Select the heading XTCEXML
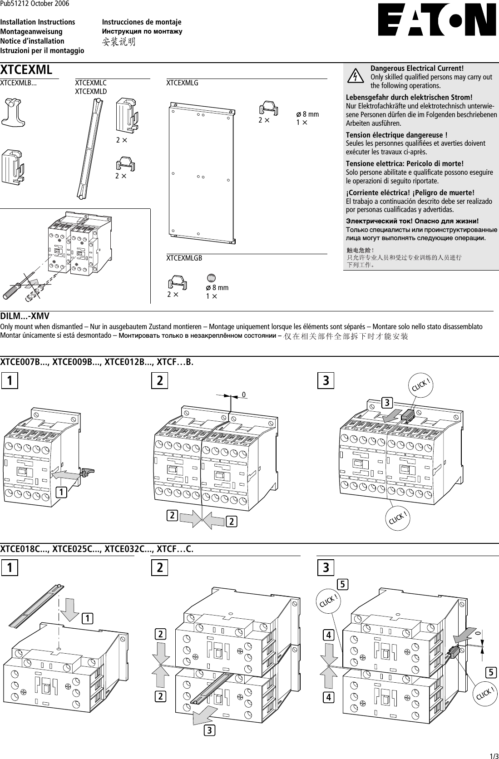coord(26,70)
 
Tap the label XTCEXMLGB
coord(184,258)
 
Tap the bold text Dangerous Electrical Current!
coord(417,69)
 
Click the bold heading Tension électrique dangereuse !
coord(396,135)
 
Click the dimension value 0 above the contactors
coord(244,395)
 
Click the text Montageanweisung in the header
coord(31,32)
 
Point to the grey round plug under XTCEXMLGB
coord(212,277)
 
